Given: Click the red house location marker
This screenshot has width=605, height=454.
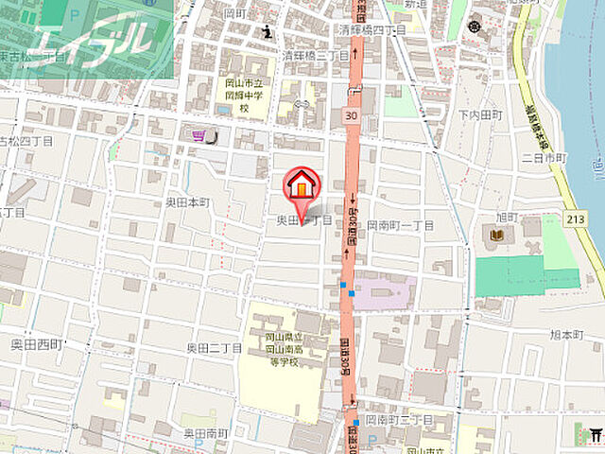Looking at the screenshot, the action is (302, 185).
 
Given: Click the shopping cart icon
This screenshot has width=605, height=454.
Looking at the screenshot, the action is (198, 136).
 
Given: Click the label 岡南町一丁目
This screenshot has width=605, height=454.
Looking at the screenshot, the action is (399, 225).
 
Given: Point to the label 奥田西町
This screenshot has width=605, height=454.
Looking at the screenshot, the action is (36, 343).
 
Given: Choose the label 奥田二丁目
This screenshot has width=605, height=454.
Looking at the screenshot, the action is (214, 348).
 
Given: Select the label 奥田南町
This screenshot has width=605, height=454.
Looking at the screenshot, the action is (206, 432).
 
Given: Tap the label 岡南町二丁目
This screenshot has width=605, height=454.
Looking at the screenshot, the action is (399, 419).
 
